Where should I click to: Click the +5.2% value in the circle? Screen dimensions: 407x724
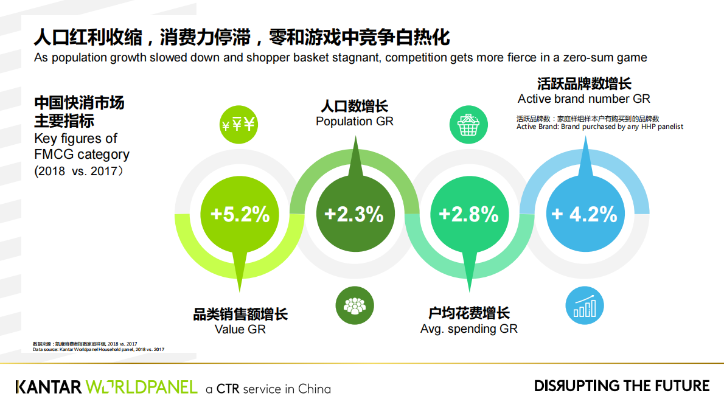(x=240, y=214)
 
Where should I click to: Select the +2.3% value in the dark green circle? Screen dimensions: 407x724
(x=354, y=214)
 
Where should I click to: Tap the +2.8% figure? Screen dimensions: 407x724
(x=468, y=214)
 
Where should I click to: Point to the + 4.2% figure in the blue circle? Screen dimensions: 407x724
(x=584, y=214)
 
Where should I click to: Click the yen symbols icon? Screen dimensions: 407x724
(x=239, y=125)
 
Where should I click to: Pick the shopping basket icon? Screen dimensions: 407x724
(x=469, y=125)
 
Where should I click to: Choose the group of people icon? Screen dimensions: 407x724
(x=354, y=305)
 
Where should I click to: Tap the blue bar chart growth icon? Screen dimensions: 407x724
(x=584, y=305)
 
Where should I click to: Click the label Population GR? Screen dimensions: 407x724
(x=355, y=122)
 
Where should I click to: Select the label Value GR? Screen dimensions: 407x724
(x=240, y=330)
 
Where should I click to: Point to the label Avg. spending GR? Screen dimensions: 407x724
(x=469, y=329)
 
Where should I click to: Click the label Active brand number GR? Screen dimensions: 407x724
(x=584, y=99)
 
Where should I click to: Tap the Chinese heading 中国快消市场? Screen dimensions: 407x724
(x=79, y=102)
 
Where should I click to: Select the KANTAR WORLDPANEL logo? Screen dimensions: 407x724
(x=106, y=387)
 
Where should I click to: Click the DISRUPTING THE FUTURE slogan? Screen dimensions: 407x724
(x=622, y=386)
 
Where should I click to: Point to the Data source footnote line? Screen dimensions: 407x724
(x=99, y=350)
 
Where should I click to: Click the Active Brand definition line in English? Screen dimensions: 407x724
(x=600, y=127)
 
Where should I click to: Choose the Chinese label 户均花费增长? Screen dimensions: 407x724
(x=469, y=314)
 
